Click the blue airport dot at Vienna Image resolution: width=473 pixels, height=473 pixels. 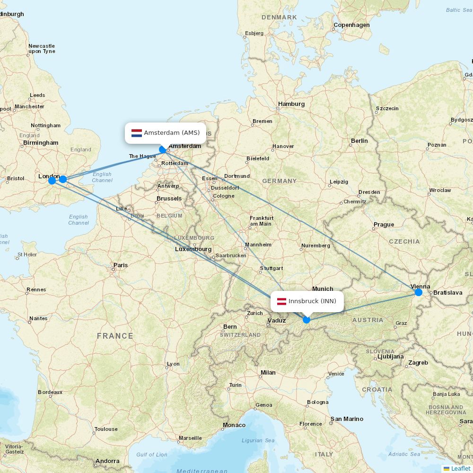click(x=418, y=292)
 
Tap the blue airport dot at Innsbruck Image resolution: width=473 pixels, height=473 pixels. click(x=307, y=320)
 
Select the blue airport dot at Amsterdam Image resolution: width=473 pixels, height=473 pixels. click(x=163, y=149)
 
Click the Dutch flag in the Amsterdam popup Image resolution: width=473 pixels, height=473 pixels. click(x=137, y=133)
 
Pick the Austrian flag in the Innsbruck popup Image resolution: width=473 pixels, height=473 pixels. click(x=281, y=301)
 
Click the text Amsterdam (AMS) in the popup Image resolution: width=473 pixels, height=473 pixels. click(x=172, y=133)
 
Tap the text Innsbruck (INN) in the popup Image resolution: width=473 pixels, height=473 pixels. click(x=312, y=301)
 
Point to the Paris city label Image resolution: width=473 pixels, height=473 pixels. click(x=121, y=265)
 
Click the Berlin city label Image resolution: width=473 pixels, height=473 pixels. click(x=359, y=141)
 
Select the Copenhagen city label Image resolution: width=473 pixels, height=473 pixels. click(x=351, y=25)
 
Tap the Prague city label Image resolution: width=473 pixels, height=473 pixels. click(x=384, y=225)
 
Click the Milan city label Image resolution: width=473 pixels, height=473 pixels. click(x=268, y=373)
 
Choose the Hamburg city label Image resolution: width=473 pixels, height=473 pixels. click(x=291, y=104)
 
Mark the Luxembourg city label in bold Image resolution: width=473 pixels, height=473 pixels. click(x=193, y=249)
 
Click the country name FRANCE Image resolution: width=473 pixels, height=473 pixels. click(x=115, y=336)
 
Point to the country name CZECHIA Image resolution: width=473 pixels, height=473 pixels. click(x=404, y=242)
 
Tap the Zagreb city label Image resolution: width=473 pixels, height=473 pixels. click(x=418, y=363)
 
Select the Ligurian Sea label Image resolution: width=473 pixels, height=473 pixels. click(x=258, y=440)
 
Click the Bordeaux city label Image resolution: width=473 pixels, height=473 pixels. click(x=50, y=392)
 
